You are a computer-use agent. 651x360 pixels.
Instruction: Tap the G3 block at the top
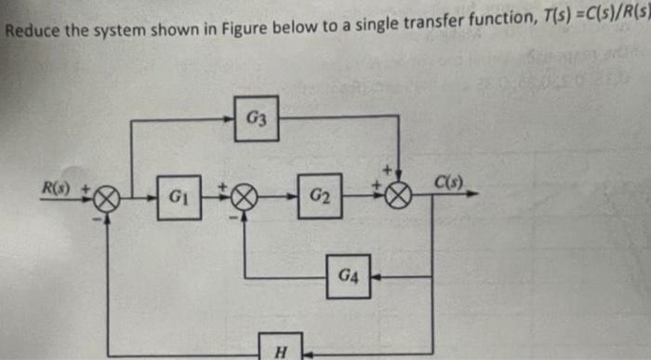(256, 118)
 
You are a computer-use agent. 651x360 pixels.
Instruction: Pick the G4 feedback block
(348, 276)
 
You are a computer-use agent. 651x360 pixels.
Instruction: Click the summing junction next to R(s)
(108, 198)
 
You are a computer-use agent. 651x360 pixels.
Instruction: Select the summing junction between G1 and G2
(246, 197)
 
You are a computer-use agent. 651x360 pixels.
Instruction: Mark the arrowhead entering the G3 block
(229, 117)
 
